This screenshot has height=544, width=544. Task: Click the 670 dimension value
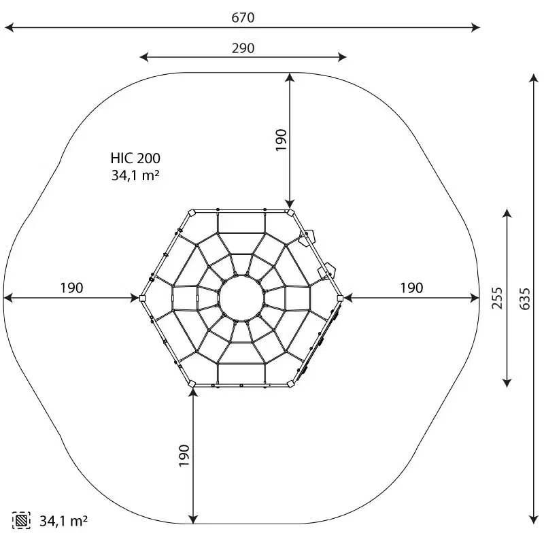click(x=243, y=18)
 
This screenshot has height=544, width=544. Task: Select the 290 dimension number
click(x=243, y=48)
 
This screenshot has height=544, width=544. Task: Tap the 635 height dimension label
click(x=525, y=299)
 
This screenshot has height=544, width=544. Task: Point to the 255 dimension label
click(x=497, y=298)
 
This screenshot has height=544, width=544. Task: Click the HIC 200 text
click(x=135, y=158)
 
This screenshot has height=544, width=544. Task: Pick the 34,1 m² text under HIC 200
click(x=135, y=175)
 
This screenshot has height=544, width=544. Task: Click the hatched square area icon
click(x=21, y=520)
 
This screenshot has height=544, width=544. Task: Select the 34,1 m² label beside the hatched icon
click(x=63, y=521)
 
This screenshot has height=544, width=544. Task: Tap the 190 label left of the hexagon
click(x=72, y=288)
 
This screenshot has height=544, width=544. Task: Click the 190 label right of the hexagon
click(x=412, y=288)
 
